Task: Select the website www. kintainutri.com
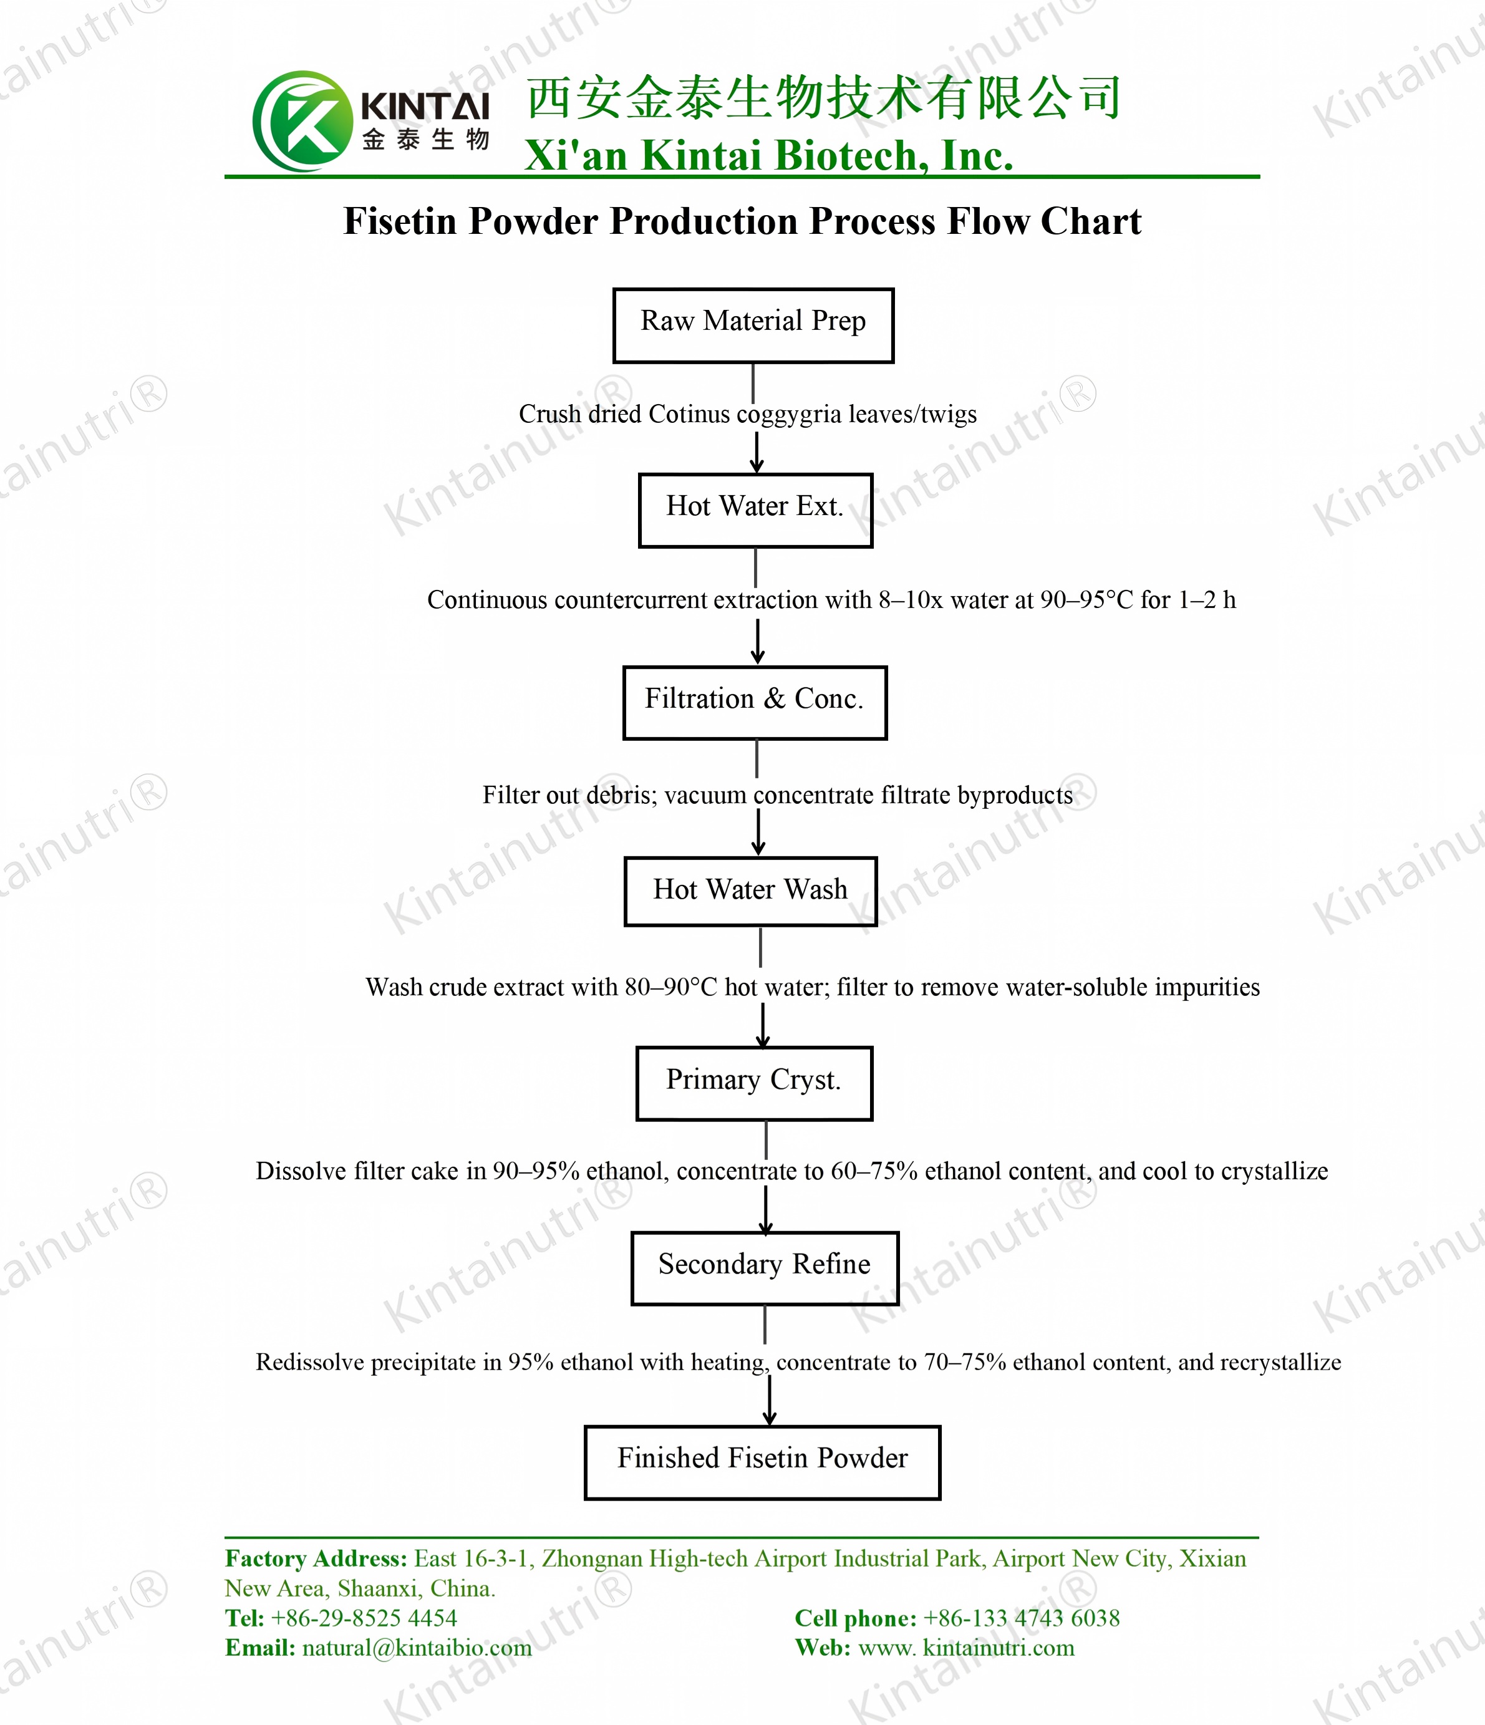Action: coord(967,1648)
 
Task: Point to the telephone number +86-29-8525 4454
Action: coord(364,1618)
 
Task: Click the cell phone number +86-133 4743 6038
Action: coord(1022,1618)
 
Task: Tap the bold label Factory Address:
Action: coord(316,1558)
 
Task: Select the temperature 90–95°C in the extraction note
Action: coord(1087,599)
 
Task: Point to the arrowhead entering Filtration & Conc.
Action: coord(758,656)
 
